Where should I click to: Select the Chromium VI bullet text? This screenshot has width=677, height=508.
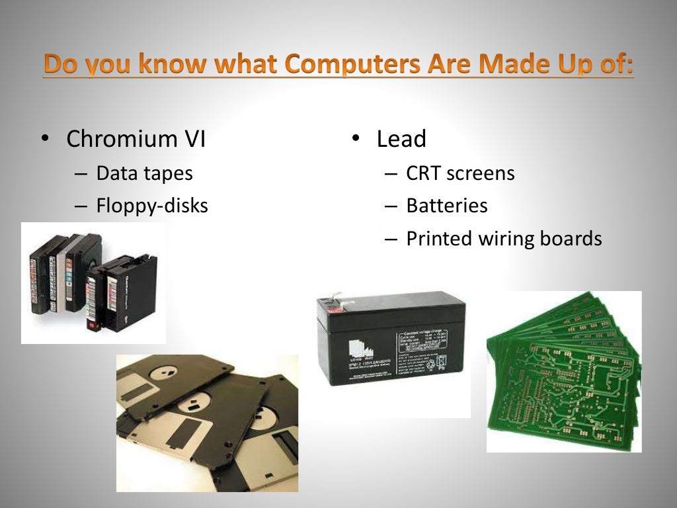tap(136, 140)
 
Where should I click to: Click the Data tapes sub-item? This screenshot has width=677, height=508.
tap(144, 173)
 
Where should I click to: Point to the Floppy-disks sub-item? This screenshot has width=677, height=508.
tap(152, 206)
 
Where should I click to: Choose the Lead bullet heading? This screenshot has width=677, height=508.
tap(401, 139)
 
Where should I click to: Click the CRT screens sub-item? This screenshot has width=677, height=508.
tap(460, 173)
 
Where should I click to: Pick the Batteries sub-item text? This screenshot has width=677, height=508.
tap(447, 206)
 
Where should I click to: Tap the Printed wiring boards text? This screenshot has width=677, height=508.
tap(504, 238)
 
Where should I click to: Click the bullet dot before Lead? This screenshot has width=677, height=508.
tap(355, 138)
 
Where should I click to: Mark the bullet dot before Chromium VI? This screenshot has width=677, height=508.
tap(44, 139)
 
